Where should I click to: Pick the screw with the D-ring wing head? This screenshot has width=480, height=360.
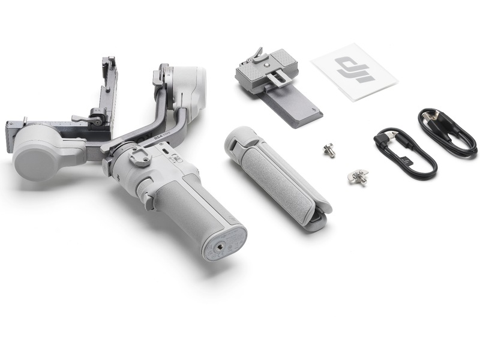point(358,176)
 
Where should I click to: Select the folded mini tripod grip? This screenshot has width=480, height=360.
point(277,176)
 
